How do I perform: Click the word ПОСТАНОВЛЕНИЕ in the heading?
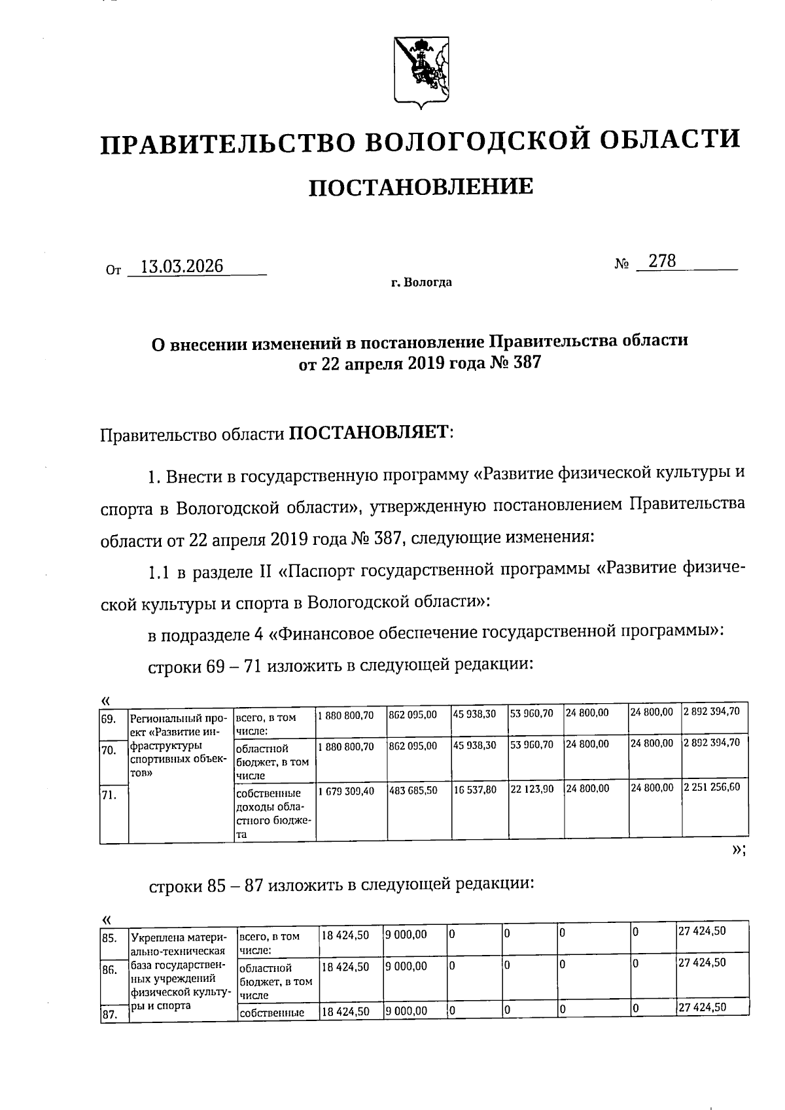(x=421, y=187)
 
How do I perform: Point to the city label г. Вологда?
(x=421, y=283)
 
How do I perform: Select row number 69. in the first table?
(x=109, y=718)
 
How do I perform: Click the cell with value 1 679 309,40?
(x=346, y=791)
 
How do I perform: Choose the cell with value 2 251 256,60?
(x=711, y=788)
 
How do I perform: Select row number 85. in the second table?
(x=109, y=938)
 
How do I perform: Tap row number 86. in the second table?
(x=109, y=970)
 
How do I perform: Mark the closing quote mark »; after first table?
(x=738, y=850)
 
